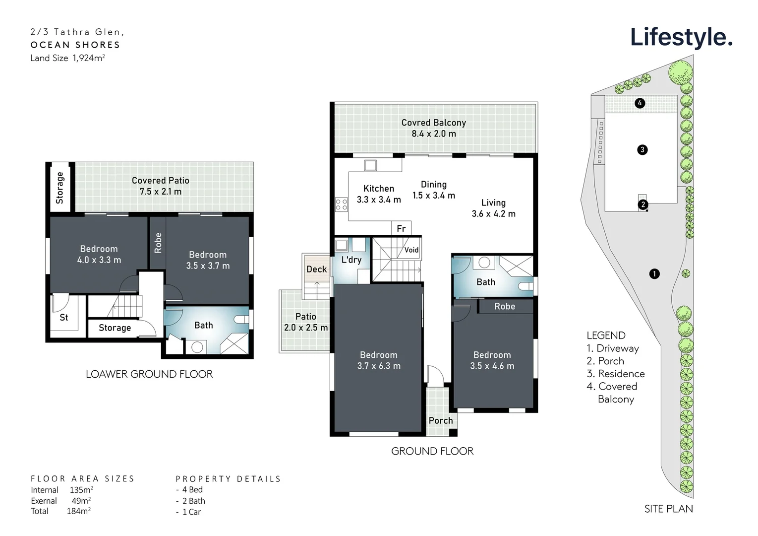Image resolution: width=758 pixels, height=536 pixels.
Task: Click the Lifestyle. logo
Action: (681, 38)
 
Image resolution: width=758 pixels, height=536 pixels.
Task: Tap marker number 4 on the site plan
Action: (640, 103)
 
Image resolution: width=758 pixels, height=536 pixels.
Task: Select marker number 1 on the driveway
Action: (654, 273)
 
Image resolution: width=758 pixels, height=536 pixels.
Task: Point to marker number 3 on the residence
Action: (642, 149)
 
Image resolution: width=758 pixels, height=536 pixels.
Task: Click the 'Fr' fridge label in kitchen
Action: (401, 228)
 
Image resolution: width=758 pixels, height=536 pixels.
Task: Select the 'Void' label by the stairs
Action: (411, 250)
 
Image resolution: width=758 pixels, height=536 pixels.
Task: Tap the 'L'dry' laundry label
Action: (351, 260)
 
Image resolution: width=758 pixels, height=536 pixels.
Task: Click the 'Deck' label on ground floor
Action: (316, 269)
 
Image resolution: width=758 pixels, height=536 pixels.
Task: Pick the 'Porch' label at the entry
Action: (441, 420)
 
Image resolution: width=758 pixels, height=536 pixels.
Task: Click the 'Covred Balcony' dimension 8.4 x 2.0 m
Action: (434, 134)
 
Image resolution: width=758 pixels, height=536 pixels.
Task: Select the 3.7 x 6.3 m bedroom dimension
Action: (379, 366)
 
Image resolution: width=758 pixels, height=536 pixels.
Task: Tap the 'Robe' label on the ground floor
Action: (504, 306)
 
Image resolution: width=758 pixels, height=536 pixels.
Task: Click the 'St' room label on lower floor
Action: (64, 317)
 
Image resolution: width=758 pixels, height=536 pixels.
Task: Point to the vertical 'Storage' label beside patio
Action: (60, 188)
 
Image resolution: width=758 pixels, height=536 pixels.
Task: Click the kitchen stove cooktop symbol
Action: (342, 204)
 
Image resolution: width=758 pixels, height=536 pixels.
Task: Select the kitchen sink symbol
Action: (370, 165)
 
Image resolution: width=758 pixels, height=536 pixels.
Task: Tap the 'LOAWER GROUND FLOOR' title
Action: (149, 374)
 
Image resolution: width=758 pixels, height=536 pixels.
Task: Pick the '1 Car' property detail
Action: (191, 512)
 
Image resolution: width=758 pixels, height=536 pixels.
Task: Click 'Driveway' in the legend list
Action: (617, 348)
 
